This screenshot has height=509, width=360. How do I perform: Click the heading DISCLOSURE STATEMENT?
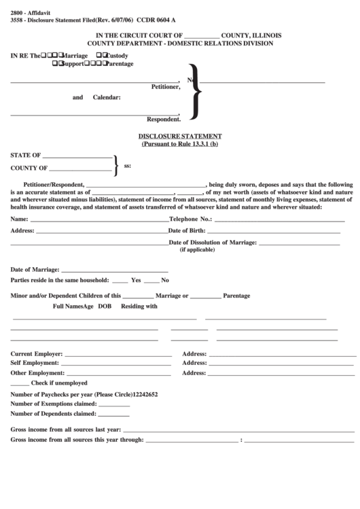tap(179, 136)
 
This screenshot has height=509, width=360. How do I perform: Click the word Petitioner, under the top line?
tap(165, 87)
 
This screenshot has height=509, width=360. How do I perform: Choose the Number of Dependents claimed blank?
tap(114, 415)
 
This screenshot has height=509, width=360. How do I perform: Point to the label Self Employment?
tap(35, 363)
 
